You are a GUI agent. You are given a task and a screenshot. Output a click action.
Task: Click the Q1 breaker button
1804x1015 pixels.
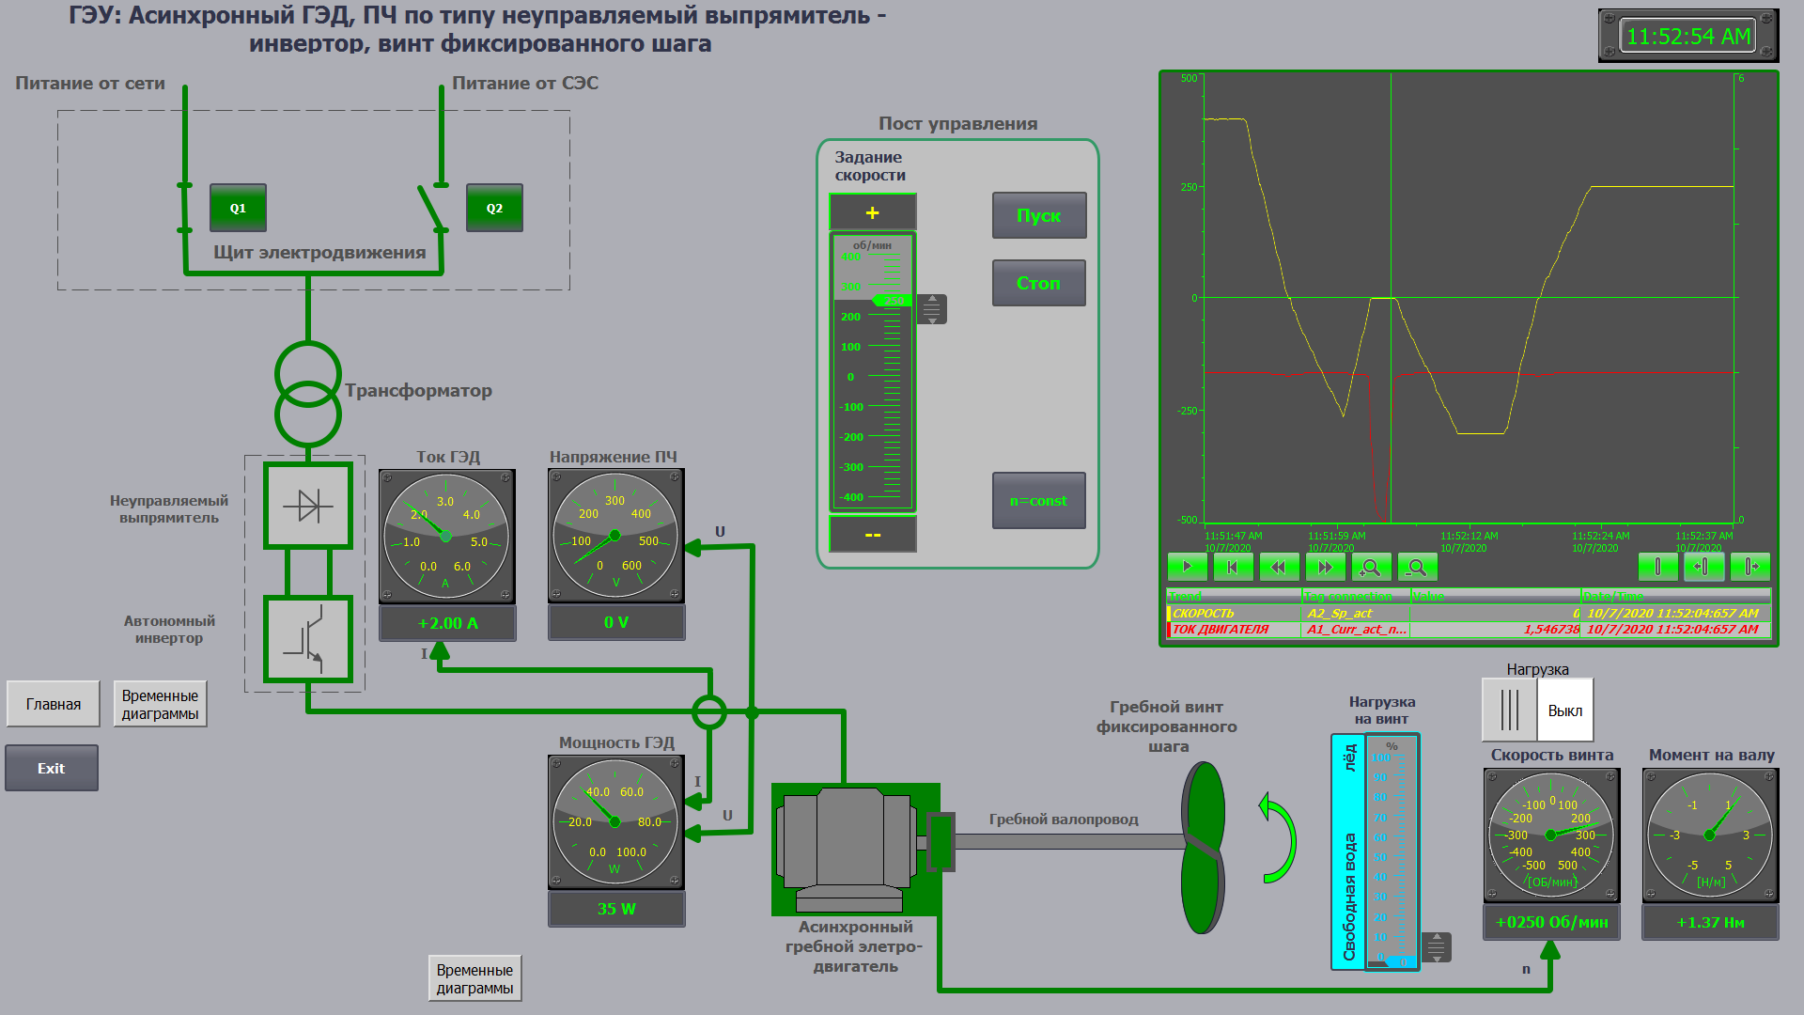click(x=238, y=208)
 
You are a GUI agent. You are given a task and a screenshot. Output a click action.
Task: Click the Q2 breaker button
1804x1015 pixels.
click(x=494, y=208)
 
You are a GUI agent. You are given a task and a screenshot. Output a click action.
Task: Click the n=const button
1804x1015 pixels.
click(x=1038, y=501)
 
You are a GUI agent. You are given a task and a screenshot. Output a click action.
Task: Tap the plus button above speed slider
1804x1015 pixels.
click(x=872, y=212)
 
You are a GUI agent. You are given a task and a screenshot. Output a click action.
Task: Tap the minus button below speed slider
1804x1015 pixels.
click(x=872, y=534)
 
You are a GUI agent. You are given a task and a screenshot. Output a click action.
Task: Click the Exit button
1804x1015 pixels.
click(x=52, y=768)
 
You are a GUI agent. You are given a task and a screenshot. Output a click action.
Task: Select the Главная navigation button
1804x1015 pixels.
click(x=54, y=704)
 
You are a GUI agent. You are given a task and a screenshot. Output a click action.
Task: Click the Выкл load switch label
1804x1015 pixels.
click(x=1564, y=710)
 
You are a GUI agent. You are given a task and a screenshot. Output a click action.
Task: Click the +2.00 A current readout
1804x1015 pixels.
click(x=447, y=623)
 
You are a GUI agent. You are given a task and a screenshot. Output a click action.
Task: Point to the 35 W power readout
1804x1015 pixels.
click(x=616, y=909)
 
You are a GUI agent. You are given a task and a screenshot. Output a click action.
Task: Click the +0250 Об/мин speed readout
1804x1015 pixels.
click(x=1551, y=922)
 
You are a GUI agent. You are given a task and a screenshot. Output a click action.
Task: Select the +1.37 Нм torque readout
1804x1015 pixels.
click(x=1710, y=922)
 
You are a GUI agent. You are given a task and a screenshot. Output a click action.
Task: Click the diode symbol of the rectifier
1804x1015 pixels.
click(x=308, y=506)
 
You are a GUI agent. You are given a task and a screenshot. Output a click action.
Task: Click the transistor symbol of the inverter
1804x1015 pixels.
click(x=308, y=639)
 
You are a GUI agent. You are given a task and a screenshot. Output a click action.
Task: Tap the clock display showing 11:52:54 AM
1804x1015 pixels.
click(x=1687, y=37)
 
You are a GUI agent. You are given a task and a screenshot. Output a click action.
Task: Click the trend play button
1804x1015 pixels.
click(x=1187, y=567)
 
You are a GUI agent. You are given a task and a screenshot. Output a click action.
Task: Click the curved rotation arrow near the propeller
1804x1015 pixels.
click(x=1279, y=838)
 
